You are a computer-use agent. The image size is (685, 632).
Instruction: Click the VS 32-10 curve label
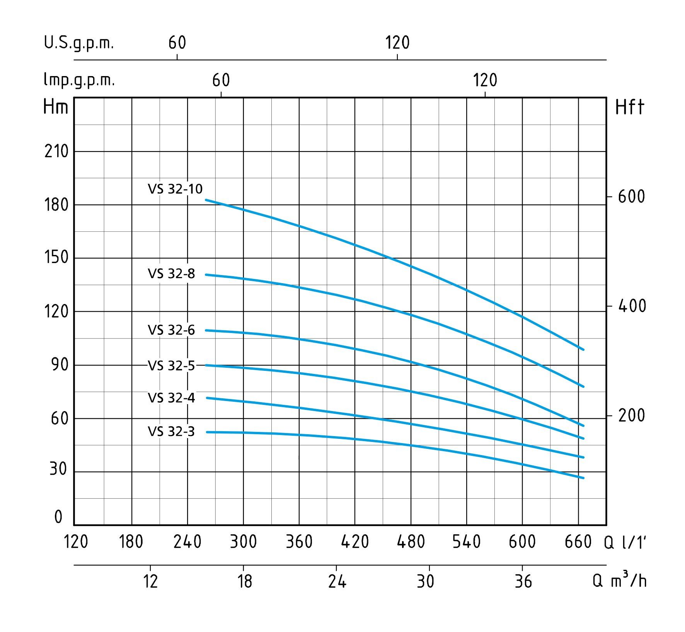175,189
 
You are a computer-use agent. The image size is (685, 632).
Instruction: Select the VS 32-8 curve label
171,274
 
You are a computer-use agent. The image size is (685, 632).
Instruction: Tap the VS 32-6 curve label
171,330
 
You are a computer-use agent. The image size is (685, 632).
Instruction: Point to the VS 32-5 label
171,365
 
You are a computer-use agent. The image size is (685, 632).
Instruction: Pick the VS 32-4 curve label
171,398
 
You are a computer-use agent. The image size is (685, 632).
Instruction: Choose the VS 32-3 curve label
171,432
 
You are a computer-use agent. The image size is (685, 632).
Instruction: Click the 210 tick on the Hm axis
56,152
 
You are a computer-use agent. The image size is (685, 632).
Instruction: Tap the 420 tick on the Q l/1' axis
355,542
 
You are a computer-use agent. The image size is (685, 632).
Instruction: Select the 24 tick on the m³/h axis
337,581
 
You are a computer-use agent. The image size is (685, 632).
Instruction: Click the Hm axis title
56,107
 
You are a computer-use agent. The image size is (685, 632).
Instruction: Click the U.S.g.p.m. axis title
79,43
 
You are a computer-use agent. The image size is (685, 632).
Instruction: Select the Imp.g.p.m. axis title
79,80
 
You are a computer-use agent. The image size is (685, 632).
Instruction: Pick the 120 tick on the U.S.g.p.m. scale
397,43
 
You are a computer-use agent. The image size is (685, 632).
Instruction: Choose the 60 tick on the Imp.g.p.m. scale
221,80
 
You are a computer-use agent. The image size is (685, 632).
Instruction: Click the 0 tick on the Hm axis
58,517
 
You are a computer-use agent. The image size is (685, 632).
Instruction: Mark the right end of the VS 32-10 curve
583,349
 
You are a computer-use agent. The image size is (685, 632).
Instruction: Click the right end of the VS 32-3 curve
583,478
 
